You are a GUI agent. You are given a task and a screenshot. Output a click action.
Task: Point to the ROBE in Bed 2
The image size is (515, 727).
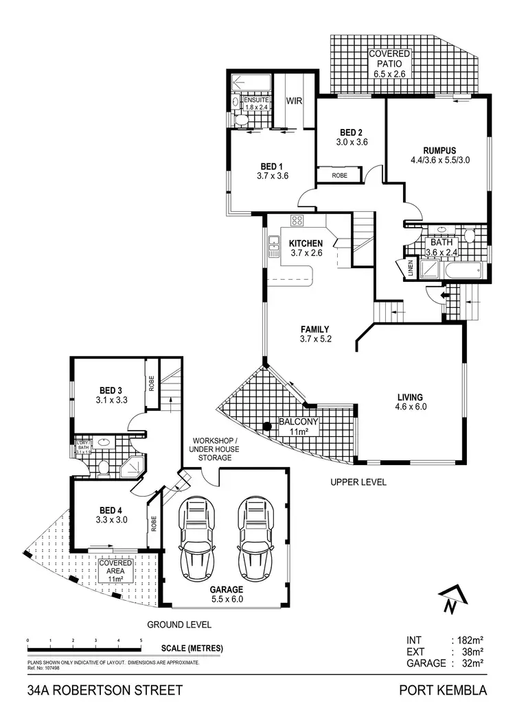[x=339, y=175]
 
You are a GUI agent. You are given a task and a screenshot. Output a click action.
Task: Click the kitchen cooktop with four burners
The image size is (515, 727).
[x=297, y=221]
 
